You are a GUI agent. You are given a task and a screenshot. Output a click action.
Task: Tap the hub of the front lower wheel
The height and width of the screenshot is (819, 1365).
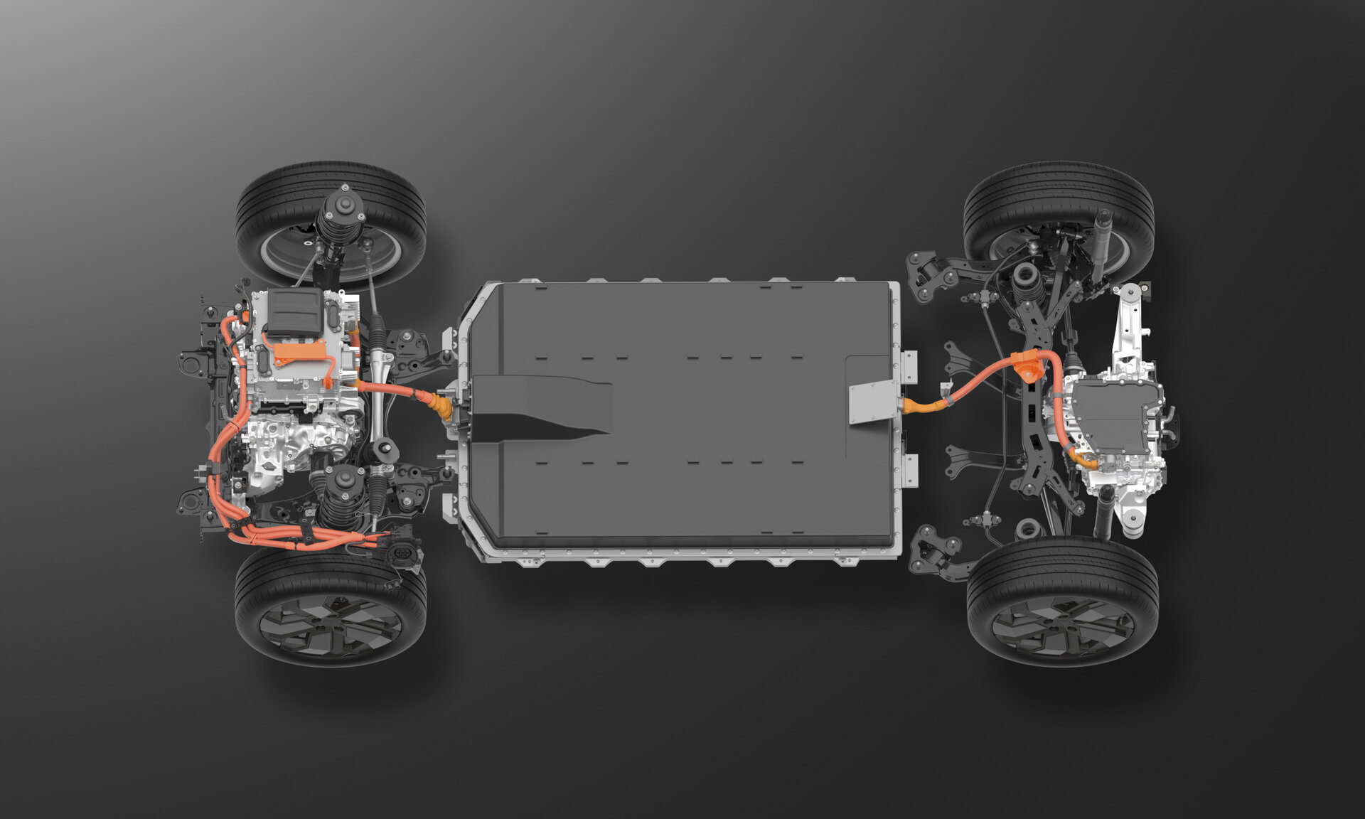331,625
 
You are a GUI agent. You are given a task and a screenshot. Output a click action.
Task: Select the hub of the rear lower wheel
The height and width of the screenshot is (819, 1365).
1063,625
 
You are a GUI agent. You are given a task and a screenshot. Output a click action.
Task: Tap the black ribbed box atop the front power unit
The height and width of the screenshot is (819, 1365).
294,311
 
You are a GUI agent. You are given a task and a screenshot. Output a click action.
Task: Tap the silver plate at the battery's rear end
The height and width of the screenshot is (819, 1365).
874,402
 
